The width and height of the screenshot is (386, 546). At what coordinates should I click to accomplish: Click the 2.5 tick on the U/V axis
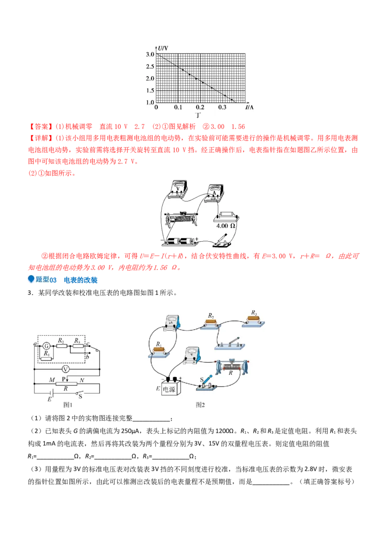(150, 66)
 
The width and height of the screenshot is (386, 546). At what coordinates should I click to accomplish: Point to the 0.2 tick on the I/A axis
(200, 107)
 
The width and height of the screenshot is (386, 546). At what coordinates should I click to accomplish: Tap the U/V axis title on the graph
(163, 48)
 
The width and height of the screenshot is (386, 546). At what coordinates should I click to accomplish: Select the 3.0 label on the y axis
(150, 54)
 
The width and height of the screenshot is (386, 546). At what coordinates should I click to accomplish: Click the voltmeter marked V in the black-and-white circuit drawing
(178, 188)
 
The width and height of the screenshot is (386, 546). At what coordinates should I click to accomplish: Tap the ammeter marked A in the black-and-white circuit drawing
(214, 193)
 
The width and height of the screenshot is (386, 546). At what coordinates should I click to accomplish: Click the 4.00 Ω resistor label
(226, 226)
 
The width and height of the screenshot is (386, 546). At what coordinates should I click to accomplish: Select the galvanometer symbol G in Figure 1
(46, 345)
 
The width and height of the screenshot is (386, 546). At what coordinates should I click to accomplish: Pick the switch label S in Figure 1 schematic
(81, 396)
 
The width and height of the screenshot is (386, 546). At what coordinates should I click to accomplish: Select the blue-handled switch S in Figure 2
(206, 381)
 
